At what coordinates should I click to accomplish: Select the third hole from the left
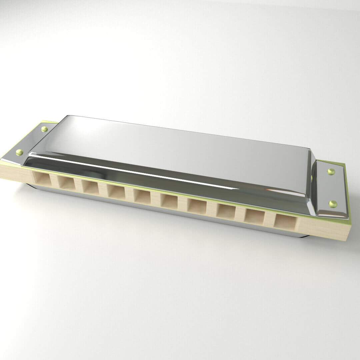(x=90, y=187)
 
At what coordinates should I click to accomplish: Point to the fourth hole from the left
(x=116, y=192)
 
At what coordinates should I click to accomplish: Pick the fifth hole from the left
(x=142, y=196)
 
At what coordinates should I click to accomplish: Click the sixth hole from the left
(x=169, y=201)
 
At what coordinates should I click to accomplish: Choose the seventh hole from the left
(x=196, y=206)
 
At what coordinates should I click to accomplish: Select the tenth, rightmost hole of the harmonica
(x=285, y=221)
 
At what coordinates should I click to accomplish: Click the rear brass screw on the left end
(x=44, y=129)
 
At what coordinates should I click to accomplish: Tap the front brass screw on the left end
(x=20, y=152)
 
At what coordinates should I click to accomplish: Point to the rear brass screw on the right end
(x=331, y=171)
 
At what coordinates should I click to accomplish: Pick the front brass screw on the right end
(x=333, y=203)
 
